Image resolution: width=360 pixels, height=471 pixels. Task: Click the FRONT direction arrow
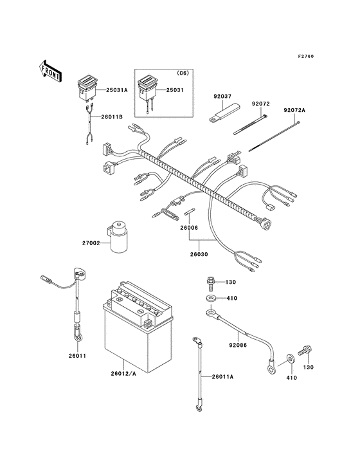[50, 69]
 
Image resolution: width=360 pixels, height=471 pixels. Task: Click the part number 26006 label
[188, 228]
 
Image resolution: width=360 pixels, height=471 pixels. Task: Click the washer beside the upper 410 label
[212, 299]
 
